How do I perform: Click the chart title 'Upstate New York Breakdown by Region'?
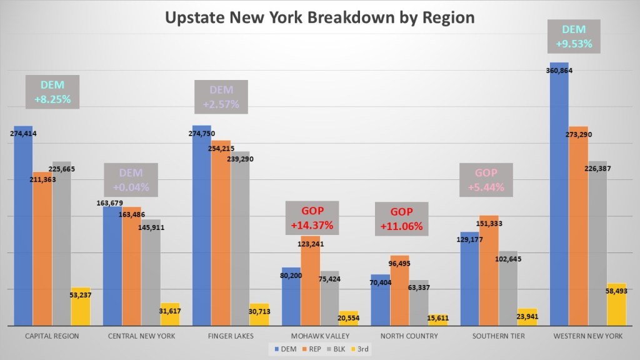(319, 17)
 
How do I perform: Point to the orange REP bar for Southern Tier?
(489, 275)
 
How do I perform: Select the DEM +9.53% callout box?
(573, 37)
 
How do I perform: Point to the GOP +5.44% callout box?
(486, 179)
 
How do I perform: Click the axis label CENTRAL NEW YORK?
(141, 336)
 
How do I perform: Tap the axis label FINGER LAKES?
(230, 336)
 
